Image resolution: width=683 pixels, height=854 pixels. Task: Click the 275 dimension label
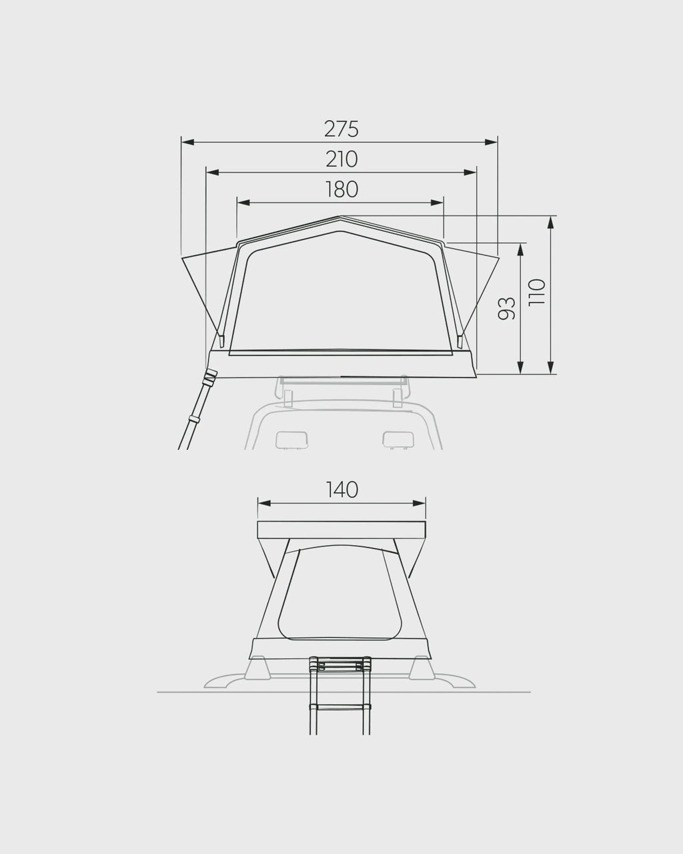click(x=341, y=129)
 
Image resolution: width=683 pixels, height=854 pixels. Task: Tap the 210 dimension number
click(x=341, y=159)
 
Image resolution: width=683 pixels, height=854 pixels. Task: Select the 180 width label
click(x=341, y=189)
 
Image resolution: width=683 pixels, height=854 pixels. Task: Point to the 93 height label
click(x=506, y=308)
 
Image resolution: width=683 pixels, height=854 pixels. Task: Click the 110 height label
click(x=537, y=292)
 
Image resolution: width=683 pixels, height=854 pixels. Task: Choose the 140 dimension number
click(x=341, y=490)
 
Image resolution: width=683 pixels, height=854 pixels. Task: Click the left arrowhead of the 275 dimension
click(x=187, y=142)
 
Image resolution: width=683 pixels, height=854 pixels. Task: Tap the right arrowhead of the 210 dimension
click(x=470, y=172)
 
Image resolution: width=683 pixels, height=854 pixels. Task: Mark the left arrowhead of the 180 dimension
click(x=243, y=203)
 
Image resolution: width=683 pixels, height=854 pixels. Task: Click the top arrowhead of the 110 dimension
click(x=550, y=223)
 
